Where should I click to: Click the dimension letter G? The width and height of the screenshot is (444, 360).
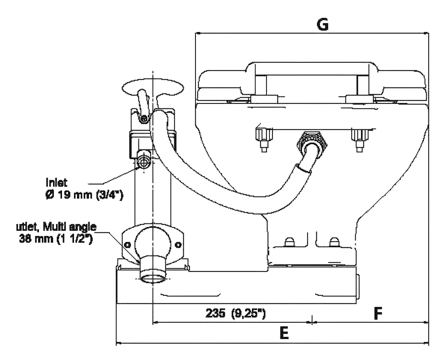(322, 25)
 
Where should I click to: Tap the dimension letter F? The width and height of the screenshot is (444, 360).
(378, 313)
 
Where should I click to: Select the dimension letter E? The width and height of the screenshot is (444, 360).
(284, 332)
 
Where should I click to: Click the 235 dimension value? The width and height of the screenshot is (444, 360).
(215, 313)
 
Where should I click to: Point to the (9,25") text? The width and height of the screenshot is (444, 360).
(249, 314)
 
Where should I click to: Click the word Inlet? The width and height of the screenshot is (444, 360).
(57, 182)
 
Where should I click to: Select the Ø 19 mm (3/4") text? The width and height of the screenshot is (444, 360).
(84, 195)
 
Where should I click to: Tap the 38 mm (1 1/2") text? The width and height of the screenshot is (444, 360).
(56, 239)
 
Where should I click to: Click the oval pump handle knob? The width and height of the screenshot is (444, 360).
(152, 87)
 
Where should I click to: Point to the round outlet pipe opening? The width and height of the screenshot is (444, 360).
(153, 278)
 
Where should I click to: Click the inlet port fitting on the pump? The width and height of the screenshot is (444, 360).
(144, 162)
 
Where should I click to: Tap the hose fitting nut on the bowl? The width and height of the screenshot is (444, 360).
(312, 141)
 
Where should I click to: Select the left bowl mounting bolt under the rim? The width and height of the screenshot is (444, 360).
(264, 140)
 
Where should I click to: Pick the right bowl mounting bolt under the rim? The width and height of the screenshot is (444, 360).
(360, 140)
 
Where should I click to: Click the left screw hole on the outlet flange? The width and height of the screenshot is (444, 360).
(127, 244)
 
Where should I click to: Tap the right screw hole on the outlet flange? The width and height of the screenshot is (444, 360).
(178, 244)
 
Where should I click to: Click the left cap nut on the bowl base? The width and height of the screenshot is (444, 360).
(289, 242)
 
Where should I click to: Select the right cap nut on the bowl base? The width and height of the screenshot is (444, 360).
(334, 242)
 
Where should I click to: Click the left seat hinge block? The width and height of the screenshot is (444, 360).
(264, 99)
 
